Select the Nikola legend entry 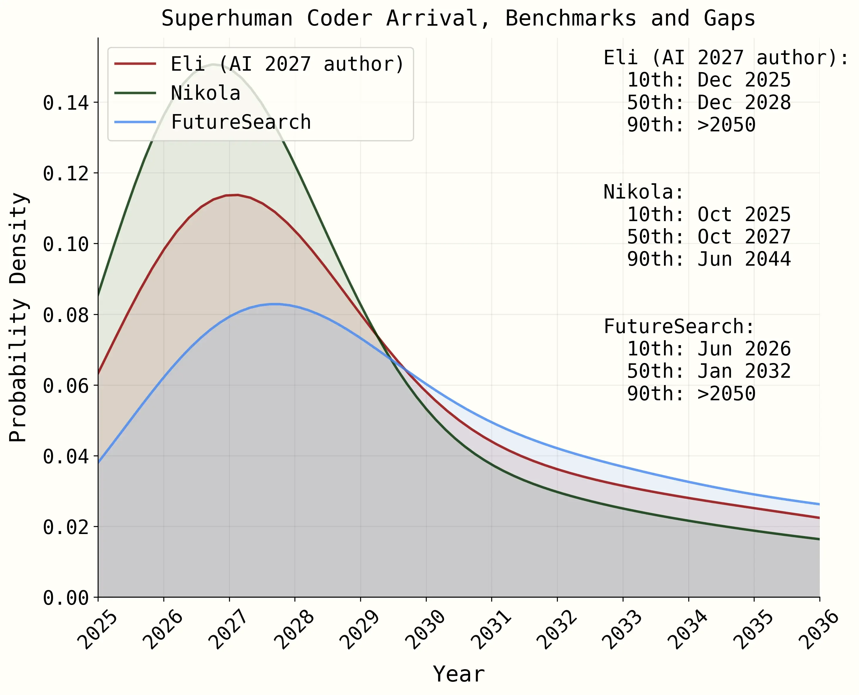coord(205,93)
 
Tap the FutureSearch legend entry coord(240,122)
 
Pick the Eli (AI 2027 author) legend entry coord(287,64)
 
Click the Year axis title coord(459,674)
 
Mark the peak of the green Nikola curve coord(213,65)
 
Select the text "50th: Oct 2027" coord(709,237)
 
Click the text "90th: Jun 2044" coord(709,259)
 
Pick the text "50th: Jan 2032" coord(709,371)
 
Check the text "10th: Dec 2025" coord(709,80)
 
